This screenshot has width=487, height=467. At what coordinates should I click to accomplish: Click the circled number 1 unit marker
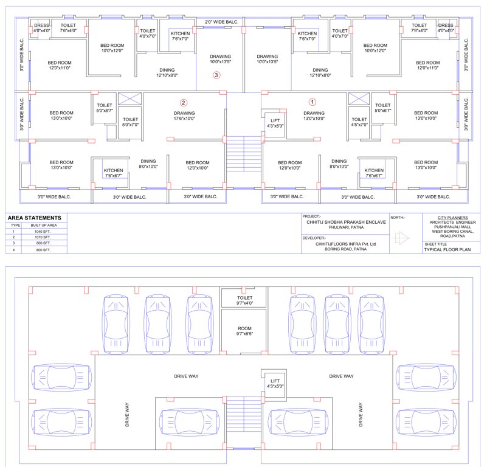[x=313, y=103]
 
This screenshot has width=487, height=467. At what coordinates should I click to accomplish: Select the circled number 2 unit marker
[x=184, y=103]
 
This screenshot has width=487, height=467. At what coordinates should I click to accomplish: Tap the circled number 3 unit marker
[x=216, y=75]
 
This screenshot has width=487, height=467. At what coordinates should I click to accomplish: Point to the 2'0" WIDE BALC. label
[x=221, y=22]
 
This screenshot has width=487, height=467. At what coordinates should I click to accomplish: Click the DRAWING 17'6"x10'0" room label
[x=184, y=116]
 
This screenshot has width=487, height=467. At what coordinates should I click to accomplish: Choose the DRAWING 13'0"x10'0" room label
[x=314, y=116]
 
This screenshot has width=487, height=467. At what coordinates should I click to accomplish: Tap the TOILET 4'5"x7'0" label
[x=359, y=122]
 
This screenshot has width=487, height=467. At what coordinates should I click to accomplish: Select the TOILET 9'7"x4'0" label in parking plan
[x=244, y=300]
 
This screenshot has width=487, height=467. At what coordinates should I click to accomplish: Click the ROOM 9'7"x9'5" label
[x=244, y=331]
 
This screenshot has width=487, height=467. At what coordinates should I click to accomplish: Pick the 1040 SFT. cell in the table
[x=43, y=232]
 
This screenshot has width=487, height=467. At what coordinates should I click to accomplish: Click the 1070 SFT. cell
[x=43, y=238]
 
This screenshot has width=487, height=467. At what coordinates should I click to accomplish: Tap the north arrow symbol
[x=399, y=238]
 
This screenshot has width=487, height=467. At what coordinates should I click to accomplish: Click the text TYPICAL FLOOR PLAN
[x=447, y=249]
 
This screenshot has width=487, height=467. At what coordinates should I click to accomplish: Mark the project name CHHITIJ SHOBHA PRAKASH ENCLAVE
[x=347, y=223]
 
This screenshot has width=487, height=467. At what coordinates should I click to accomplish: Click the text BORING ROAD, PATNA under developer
[x=346, y=249]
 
